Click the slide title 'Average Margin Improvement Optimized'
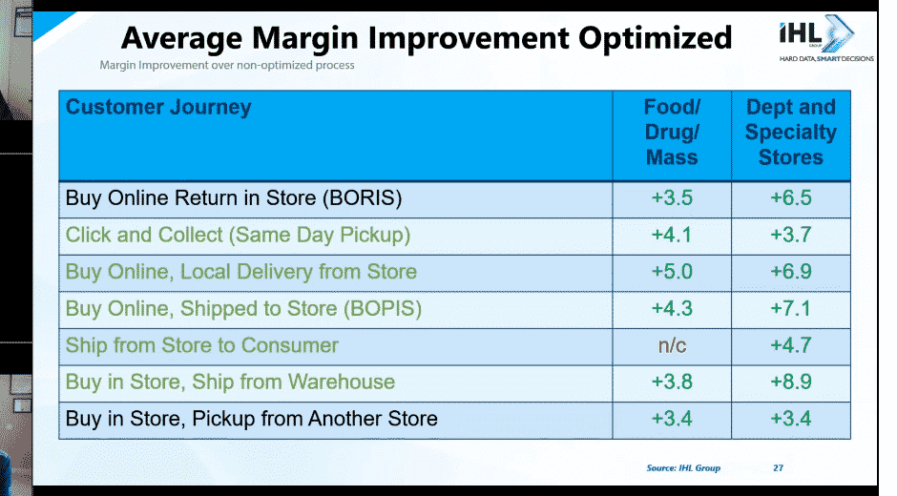tap(427, 39)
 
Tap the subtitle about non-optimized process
tap(227, 65)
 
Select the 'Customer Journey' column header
tap(158, 107)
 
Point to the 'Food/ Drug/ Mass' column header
tap(672, 133)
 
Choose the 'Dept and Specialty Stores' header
tap(790, 133)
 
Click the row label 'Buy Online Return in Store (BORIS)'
tap(234, 198)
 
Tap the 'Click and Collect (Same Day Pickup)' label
tap(238, 236)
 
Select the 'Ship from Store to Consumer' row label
tap(202, 345)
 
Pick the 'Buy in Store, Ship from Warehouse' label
tap(230, 382)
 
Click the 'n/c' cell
tap(672, 345)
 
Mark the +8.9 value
tap(790, 382)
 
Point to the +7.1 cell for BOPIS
tap(790, 308)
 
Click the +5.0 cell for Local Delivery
tap(672, 272)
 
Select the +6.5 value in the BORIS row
tap(790, 198)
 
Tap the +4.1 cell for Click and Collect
tap(672, 235)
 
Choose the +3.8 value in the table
tap(672, 382)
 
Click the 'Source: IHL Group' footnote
tap(683, 468)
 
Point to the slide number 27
tap(778, 468)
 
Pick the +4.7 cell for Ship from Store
tap(790, 345)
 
